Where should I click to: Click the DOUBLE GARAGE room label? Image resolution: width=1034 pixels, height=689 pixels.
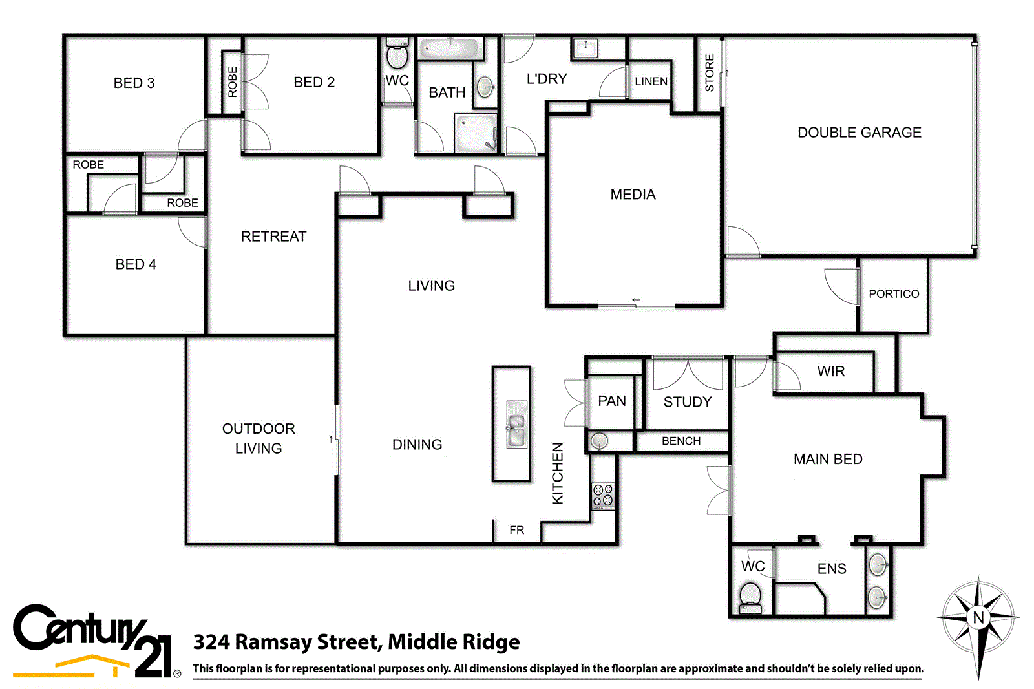[x=859, y=132]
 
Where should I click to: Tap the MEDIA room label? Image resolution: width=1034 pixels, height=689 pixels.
[x=633, y=195]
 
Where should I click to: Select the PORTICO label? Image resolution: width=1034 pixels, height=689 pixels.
[x=894, y=294]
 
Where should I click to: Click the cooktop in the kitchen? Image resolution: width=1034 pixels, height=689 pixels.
[x=603, y=496]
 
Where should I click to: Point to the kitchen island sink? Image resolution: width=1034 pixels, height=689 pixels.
[x=516, y=430]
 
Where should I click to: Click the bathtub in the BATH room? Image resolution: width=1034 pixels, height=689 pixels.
[x=449, y=48]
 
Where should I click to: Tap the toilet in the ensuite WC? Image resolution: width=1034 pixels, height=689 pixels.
[x=750, y=596]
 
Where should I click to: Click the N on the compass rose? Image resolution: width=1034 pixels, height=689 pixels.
[x=978, y=617]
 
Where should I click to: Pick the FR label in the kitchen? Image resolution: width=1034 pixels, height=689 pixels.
[x=517, y=530]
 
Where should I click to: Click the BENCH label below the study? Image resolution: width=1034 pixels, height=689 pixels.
[x=681, y=441]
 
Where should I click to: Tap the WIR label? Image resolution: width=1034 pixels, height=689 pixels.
[x=830, y=372]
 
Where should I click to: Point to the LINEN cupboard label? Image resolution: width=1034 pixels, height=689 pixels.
[x=651, y=81]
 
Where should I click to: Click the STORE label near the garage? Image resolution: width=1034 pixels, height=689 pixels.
[x=710, y=73]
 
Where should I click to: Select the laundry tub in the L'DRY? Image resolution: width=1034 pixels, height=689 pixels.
[x=586, y=47]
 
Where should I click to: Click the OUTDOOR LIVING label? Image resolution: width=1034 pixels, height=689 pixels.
[x=258, y=438]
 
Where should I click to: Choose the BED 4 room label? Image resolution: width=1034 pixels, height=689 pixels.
[x=136, y=264]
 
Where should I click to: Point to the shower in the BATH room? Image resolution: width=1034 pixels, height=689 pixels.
[x=476, y=133]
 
